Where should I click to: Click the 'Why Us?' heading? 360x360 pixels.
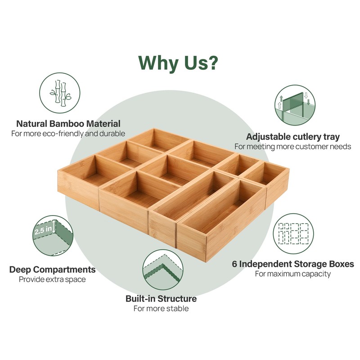click(178, 63)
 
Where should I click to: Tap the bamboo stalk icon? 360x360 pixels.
click(60, 93)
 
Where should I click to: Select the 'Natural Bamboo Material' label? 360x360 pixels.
click(68, 124)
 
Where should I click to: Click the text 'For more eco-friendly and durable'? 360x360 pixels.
click(68, 134)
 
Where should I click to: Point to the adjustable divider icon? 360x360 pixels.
click(295, 105)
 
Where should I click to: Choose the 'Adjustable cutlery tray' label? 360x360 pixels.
click(293, 137)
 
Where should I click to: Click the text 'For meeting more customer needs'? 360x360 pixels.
click(293, 147)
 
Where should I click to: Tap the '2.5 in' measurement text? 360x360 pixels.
click(43, 230)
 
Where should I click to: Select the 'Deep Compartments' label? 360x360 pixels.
click(52, 270)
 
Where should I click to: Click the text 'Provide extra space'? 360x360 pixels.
click(52, 279)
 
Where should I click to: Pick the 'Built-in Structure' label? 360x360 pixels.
click(161, 299)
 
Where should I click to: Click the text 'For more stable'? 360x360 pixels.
click(161, 308)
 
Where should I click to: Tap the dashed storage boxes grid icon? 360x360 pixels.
click(293, 234)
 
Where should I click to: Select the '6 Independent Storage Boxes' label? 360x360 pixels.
click(293, 264)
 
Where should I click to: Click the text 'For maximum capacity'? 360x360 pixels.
click(293, 274)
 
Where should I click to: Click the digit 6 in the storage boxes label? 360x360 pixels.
click(234, 264)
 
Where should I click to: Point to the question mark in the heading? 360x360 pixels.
click(212, 63)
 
